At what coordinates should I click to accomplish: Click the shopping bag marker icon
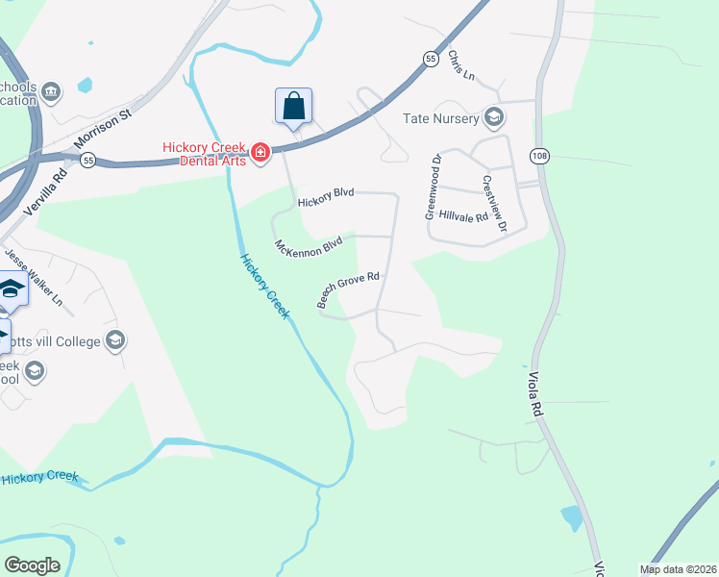pyautogui.click(x=294, y=107)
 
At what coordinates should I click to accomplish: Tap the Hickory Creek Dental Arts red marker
pyautogui.click(x=260, y=153)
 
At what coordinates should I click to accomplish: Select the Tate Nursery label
pyautogui.click(x=441, y=118)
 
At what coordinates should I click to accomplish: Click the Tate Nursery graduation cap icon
pyautogui.click(x=494, y=117)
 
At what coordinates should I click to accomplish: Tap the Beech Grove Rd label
pyautogui.click(x=349, y=288)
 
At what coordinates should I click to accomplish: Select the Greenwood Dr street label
pyautogui.click(x=434, y=187)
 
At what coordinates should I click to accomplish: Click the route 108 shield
pyautogui.click(x=537, y=155)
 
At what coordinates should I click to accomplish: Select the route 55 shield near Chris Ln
pyautogui.click(x=430, y=60)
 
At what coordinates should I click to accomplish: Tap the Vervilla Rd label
pyautogui.click(x=51, y=194)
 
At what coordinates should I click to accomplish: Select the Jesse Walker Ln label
pyautogui.click(x=33, y=279)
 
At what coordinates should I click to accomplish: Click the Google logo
pyautogui.click(x=32, y=565)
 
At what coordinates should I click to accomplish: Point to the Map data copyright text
pyautogui.click(x=678, y=569)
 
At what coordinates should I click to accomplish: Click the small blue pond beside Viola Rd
pyautogui.click(x=572, y=518)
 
